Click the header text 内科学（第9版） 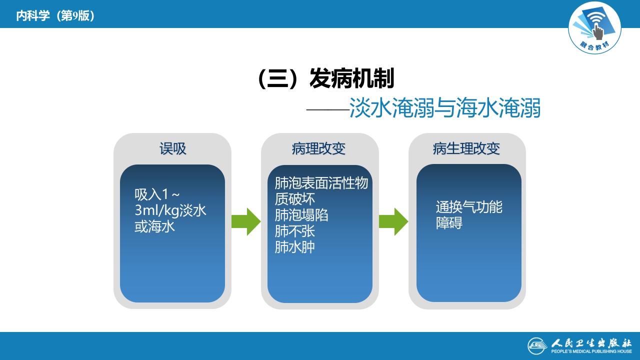tap(55, 16)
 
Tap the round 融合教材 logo tap(594, 28)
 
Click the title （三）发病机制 tap(325, 79)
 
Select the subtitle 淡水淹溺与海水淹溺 tap(445, 108)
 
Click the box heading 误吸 tap(172, 149)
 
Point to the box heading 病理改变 tap(318, 149)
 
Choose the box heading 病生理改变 tap(466, 149)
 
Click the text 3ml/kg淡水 tap(170, 210)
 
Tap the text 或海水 tap(154, 226)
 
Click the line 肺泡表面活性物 tap(321, 183)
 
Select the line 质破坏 tap(295, 199)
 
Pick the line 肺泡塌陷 tap(301, 215)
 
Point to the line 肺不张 tap(295, 231)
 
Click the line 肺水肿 tap(295, 247)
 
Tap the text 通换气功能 tap(469, 207)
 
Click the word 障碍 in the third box tap(449, 223)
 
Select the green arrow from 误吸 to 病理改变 tap(246, 221)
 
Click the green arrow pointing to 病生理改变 tap(393, 221)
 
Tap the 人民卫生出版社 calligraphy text tap(591, 343)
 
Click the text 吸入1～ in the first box tap(157, 194)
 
